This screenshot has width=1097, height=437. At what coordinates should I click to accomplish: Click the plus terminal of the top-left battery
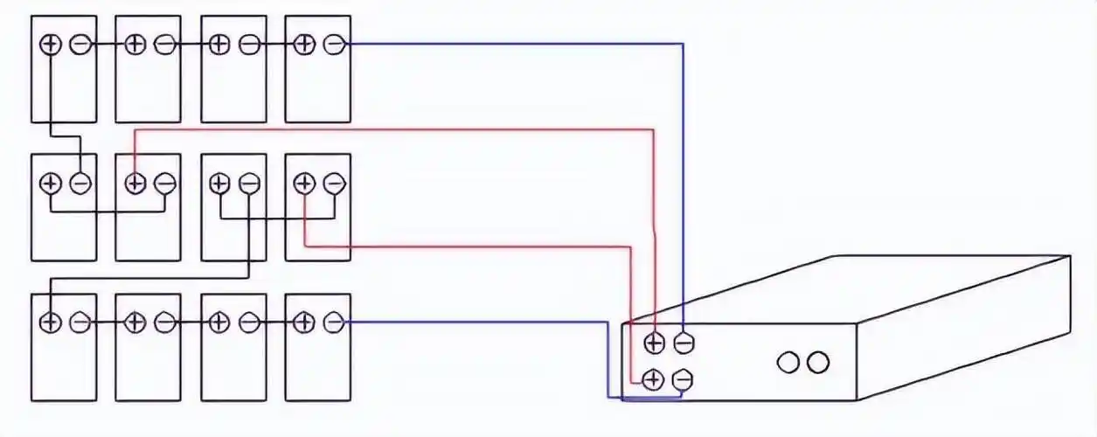51,44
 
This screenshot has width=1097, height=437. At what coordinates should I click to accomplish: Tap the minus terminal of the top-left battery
80,44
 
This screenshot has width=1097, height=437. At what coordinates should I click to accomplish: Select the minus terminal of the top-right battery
333,44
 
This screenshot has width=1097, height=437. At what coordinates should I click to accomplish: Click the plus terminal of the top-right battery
304,44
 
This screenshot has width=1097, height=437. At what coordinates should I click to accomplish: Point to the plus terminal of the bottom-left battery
51,323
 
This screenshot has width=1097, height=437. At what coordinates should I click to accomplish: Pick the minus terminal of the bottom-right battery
333,323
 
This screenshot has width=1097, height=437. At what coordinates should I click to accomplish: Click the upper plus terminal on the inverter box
654,343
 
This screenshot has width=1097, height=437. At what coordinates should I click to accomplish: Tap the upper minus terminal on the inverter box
684,343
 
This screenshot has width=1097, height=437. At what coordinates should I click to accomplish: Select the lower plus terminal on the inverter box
652,379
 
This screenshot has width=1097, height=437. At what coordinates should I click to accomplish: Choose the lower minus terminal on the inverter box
683,379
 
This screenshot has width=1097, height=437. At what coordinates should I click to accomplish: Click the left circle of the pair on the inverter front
788,362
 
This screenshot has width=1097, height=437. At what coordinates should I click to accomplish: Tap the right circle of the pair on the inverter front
817,362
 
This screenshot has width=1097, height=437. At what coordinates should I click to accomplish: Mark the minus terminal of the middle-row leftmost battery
80,184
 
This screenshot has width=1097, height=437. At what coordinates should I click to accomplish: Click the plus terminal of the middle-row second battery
135,184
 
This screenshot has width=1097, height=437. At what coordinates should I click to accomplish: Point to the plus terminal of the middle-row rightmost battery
304,184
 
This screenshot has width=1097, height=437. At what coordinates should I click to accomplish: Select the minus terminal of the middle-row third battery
249,184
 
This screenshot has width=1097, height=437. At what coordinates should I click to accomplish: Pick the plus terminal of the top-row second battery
135,44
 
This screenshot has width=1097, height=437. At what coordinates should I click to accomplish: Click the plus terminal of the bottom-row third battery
219,323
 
